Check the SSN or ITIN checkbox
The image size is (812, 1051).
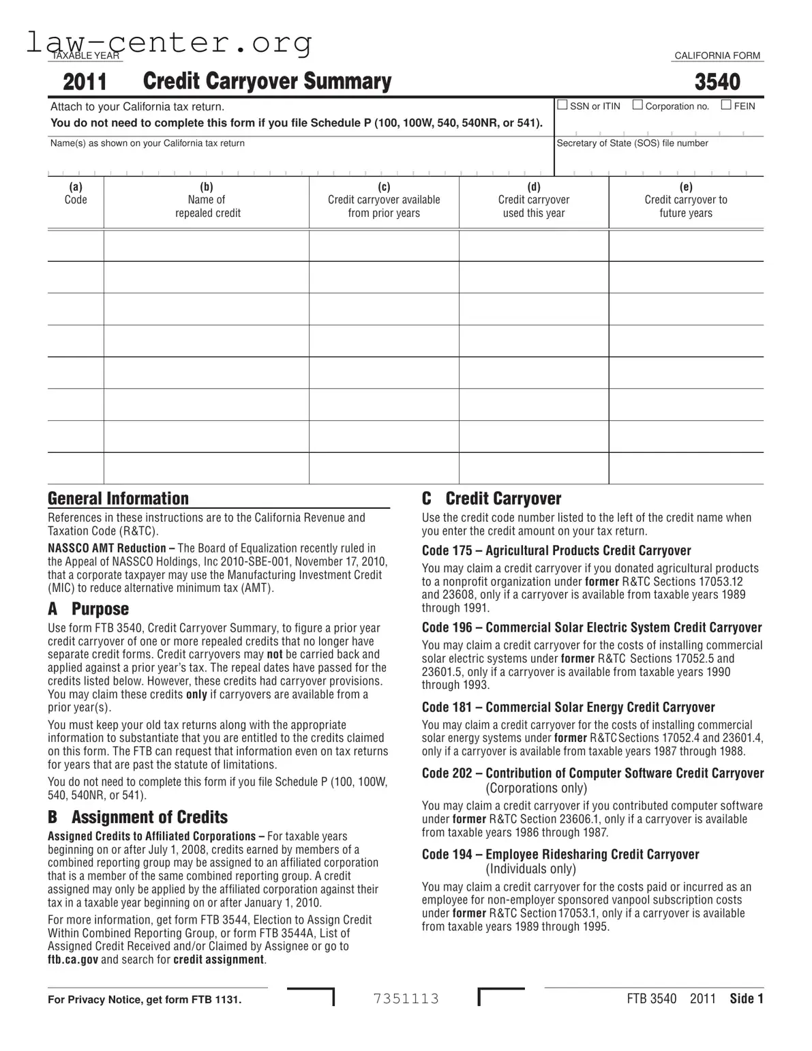(562, 105)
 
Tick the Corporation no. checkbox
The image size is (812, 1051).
(637, 105)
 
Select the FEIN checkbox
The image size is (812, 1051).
(726, 105)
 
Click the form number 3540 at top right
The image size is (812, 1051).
(717, 83)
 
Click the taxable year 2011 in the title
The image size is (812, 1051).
(85, 83)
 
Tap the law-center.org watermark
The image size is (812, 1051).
(169, 42)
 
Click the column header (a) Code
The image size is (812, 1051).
(76, 194)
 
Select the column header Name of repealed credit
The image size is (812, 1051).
(207, 200)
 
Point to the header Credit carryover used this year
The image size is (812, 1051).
(534, 200)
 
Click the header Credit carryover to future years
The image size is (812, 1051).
(686, 200)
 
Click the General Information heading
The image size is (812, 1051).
(118, 499)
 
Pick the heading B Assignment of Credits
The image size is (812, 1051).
(138, 817)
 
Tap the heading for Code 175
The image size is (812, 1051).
(556, 550)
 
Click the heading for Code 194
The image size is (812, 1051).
(560, 855)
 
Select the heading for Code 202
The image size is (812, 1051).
(592, 773)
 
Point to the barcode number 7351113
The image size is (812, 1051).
(406, 999)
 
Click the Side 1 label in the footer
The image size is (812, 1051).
(747, 999)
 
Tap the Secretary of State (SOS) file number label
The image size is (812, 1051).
(632, 143)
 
